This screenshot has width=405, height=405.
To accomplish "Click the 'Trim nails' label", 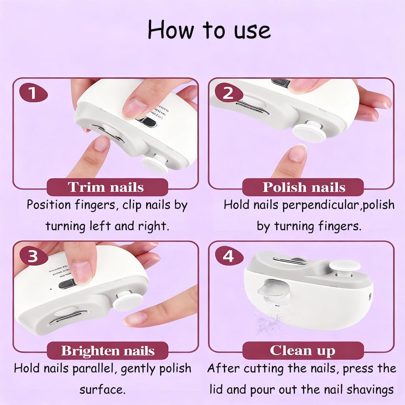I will point(106,187).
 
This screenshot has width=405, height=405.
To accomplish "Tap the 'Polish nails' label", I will point(303,187).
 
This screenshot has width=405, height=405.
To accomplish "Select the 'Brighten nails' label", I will point(108,350).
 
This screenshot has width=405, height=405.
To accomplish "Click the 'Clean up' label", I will point(303,350).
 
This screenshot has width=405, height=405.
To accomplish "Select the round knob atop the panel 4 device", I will point(344,266).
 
